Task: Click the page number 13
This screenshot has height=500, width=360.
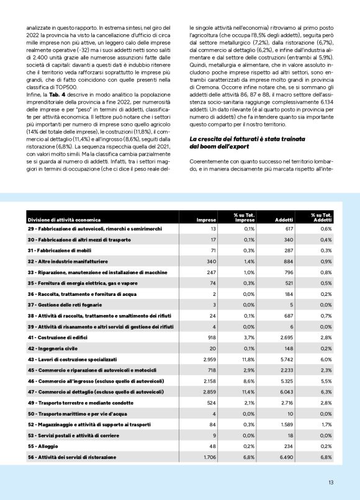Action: tap(331, 481)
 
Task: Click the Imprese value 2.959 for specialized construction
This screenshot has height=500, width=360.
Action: tap(207, 359)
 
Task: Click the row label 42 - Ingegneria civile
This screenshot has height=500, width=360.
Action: tap(52, 348)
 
